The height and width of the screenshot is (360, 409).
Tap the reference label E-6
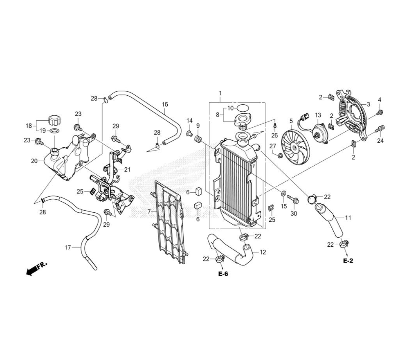pyautogui.click(x=223, y=274)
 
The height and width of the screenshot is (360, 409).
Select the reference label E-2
pyautogui.click(x=348, y=261)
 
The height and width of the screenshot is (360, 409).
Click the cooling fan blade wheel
pyautogui.click(x=295, y=148)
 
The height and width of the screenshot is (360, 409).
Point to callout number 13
pyautogui.click(x=318, y=115)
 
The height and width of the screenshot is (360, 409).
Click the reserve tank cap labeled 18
pyautogui.click(x=54, y=120)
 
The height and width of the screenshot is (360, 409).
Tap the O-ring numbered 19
pyautogui.click(x=54, y=130)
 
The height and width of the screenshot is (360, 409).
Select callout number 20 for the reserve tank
pyautogui.click(x=34, y=161)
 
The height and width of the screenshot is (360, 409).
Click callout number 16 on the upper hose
pyautogui.click(x=165, y=104)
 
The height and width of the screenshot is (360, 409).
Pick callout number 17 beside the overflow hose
pyautogui.click(x=67, y=248)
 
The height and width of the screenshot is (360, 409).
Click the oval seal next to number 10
pyautogui.click(x=242, y=107)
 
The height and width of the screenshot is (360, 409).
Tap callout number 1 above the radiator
pyautogui.click(x=220, y=93)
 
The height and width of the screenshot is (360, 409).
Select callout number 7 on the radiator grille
pyautogui.click(x=149, y=211)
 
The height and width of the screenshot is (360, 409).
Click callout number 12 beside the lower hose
pyautogui.click(x=263, y=252)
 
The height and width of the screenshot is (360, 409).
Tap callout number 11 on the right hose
pyautogui.click(x=348, y=217)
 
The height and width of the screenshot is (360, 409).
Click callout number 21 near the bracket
pyautogui.click(x=127, y=170)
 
